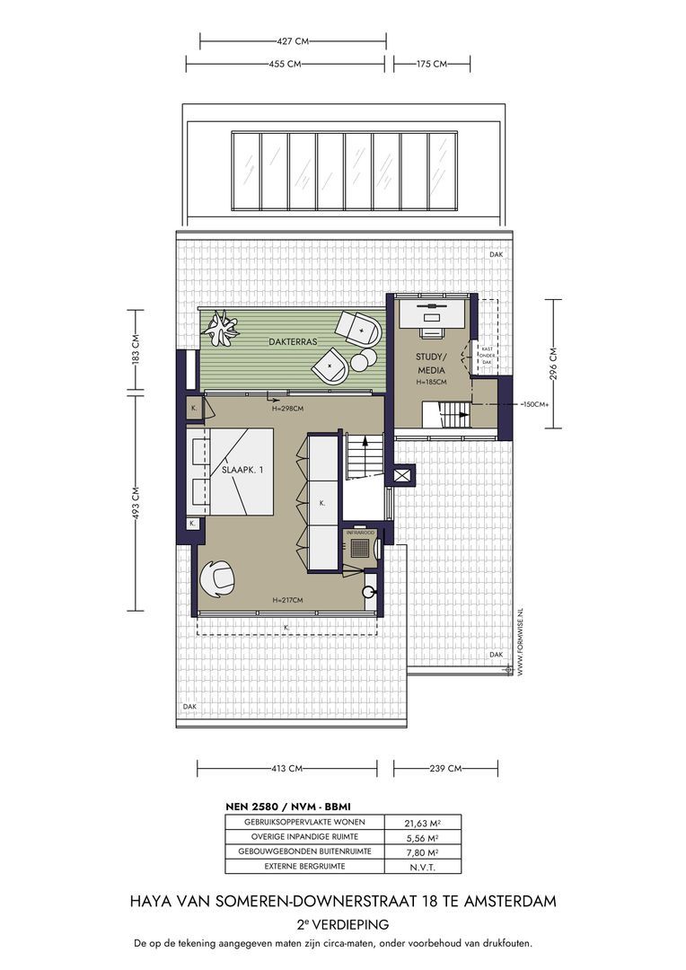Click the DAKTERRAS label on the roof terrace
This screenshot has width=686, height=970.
pos(293,341)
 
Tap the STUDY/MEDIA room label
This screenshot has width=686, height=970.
pos(430,364)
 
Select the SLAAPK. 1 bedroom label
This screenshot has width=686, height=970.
pos(242,470)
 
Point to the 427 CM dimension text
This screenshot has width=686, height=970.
pos(293,41)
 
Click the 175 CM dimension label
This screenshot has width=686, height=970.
pos(432,64)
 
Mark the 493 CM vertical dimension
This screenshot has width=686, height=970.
pos(136,502)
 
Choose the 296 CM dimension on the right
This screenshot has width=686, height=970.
pos(553,363)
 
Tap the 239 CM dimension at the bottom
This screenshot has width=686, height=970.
pos(445,769)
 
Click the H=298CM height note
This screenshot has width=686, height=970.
pos(287,409)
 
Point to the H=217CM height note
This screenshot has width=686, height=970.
pos(287,600)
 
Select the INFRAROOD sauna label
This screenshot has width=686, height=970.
pos(361,533)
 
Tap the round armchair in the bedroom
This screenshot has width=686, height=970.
pos(217,578)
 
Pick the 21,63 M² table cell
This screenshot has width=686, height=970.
pos(423,824)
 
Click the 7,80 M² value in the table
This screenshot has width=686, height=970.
pos(423,852)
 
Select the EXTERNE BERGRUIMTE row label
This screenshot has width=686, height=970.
pos(304,866)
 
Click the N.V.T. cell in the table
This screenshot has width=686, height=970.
pos(423,868)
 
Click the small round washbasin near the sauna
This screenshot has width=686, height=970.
pos(368,591)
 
